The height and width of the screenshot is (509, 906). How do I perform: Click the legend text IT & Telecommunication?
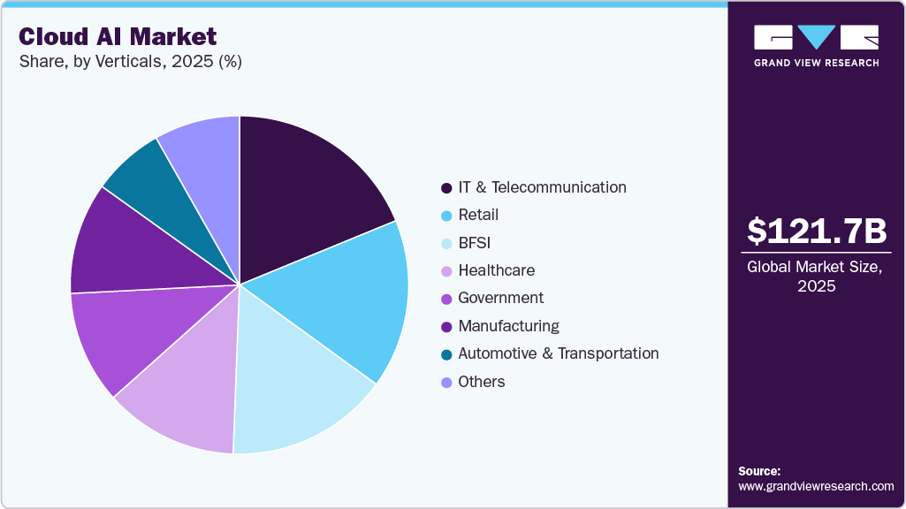(542, 187)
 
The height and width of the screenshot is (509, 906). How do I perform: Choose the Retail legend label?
(478, 215)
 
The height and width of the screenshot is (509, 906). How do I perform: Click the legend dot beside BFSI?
(446, 243)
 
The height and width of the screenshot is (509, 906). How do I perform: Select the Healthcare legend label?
(496, 270)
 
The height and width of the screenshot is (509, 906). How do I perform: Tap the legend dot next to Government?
(446, 299)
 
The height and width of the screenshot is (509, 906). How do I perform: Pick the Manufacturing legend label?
(508, 326)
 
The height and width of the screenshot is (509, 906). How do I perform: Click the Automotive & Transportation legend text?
(558, 353)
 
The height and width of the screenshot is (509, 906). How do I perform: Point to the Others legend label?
(482, 382)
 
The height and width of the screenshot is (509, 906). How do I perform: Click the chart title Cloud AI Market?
(118, 36)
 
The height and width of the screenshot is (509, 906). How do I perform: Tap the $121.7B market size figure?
(816, 232)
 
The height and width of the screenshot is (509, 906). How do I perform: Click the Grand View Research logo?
(816, 44)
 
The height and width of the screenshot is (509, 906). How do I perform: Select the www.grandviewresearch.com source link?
(816, 486)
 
